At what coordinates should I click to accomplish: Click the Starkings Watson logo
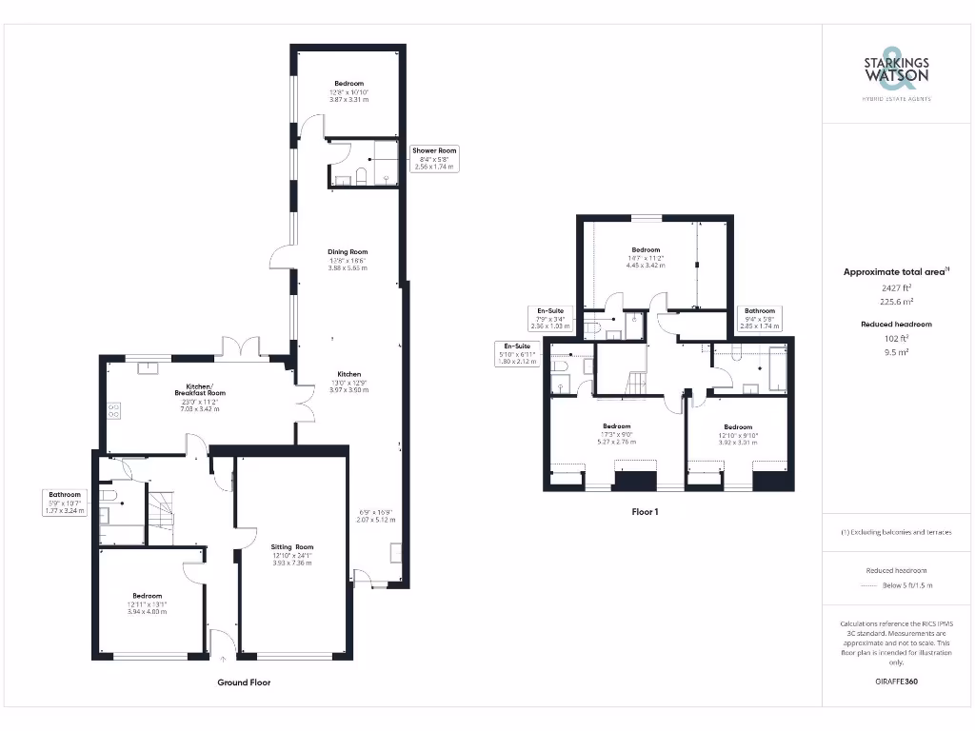coord(896,73)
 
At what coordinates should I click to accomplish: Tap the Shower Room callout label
coord(434,158)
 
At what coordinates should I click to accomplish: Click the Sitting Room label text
coord(292,555)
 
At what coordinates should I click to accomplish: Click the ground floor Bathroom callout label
coord(65,503)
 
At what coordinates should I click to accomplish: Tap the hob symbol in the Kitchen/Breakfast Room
coord(114,411)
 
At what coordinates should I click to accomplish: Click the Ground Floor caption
coord(246,682)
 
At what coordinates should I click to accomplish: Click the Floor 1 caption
coord(646,511)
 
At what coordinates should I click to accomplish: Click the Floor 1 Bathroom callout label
coord(760,318)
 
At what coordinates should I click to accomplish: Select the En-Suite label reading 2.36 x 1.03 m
coord(549,318)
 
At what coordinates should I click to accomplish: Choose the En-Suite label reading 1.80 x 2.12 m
coord(515,353)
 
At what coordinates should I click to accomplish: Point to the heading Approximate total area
coord(895,271)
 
